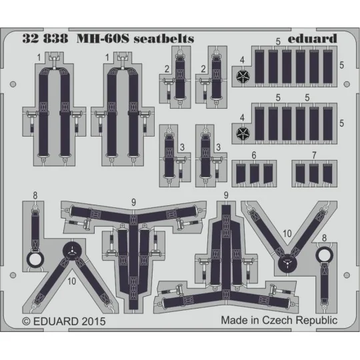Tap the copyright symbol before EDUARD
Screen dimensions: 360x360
27,321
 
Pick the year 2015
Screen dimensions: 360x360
93,321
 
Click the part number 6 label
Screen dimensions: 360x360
254,155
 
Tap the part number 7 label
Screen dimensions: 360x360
313,155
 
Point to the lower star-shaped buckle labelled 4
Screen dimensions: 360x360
243,133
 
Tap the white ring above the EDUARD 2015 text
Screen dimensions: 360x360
35,260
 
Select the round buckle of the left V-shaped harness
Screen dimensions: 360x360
71,251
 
